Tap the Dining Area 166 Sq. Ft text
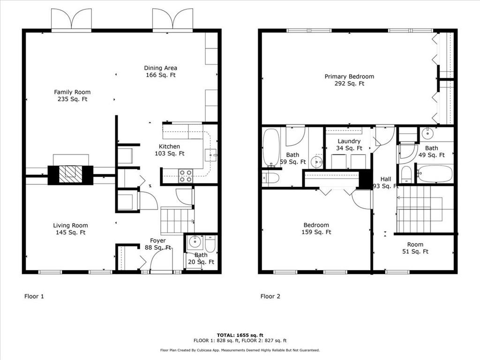point(160,71)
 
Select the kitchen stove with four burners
point(185,176)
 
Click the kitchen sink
point(211,153)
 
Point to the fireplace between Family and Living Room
point(70,174)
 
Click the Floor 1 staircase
point(177,220)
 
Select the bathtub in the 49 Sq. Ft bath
point(435,173)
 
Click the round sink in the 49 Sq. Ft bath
point(428,134)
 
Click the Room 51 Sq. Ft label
point(415,247)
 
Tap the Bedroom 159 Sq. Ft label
point(316,228)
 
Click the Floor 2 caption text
point(270,296)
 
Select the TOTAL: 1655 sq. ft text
point(240,335)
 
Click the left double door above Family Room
point(71,20)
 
